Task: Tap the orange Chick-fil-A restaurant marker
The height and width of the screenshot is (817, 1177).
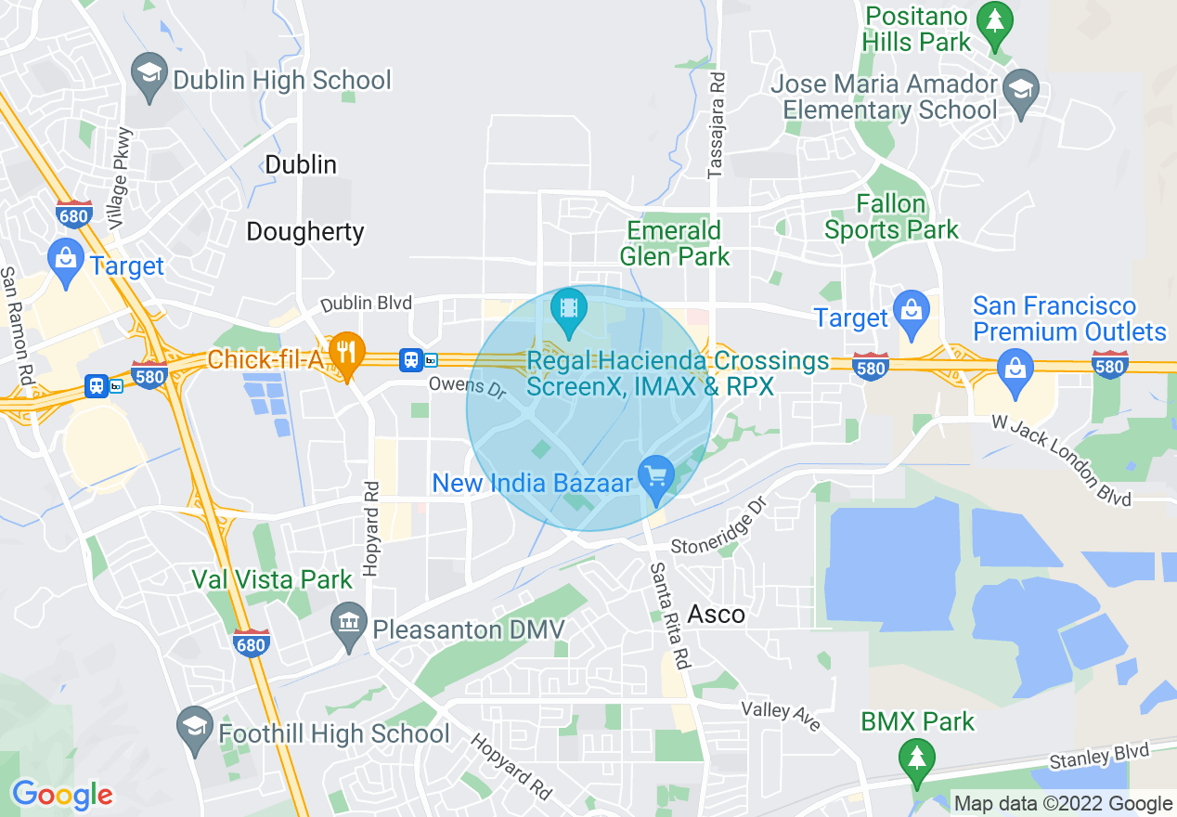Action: coord(346,354)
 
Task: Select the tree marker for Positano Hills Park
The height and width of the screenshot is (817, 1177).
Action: coord(995,23)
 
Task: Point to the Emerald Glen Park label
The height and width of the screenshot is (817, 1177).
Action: coord(674,243)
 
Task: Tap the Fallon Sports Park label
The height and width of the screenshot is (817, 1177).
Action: coord(891,216)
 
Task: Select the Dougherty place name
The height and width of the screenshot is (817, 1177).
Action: coord(305,231)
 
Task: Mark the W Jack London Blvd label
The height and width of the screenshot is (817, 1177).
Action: coord(1062,460)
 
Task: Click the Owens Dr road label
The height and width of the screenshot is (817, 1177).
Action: coord(467,388)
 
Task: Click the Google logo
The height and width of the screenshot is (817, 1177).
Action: coord(62,795)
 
